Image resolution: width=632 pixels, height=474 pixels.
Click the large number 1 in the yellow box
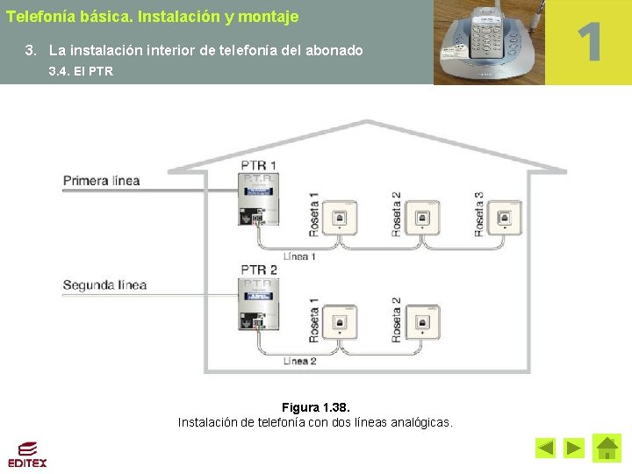[590, 42]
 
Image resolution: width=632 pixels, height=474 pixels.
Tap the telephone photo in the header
[489, 42]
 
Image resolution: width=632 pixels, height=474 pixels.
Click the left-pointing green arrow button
[546, 449]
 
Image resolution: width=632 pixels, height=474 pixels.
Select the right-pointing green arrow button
[574, 449]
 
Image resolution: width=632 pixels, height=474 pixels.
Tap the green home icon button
[607, 448]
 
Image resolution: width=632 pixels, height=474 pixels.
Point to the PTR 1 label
[259, 165]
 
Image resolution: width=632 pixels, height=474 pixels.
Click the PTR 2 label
[259, 269]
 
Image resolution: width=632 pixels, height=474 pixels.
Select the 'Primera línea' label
[101, 181]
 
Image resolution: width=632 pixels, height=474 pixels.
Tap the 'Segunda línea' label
[104, 285]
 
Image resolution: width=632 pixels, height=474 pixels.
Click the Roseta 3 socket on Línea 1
[505, 217]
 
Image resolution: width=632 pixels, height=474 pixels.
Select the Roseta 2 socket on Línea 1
[422, 217]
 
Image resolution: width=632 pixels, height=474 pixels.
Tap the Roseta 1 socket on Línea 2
[340, 322]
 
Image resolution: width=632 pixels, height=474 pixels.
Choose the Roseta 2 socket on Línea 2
[422, 322]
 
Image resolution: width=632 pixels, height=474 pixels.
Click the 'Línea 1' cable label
[299, 256]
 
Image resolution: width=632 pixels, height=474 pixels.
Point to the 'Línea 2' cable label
[299, 361]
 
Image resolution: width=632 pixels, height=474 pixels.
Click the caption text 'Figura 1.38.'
[315, 407]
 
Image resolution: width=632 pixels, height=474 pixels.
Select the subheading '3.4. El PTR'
[81, 71]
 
